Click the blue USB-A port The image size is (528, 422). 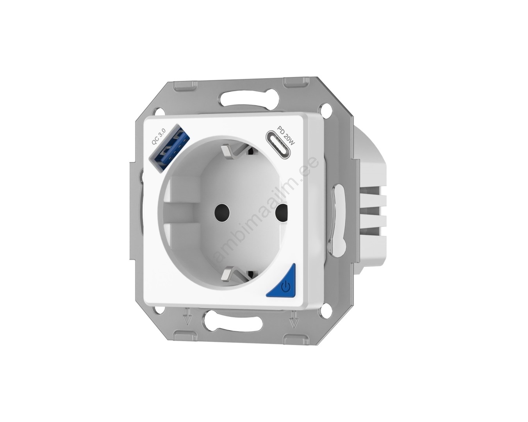[167, 150]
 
